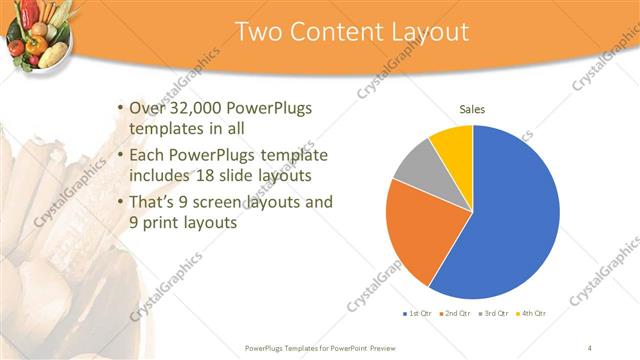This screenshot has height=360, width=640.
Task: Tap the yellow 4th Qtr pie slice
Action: [x=453, y=145]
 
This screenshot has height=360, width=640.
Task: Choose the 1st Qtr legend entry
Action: [x=417, y=314]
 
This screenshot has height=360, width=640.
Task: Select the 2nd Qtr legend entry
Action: [x=456, y=314]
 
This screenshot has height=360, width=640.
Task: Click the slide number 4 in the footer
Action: [x=590, y=348]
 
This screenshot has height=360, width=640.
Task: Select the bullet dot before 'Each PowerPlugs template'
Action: [x=121, y=156]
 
